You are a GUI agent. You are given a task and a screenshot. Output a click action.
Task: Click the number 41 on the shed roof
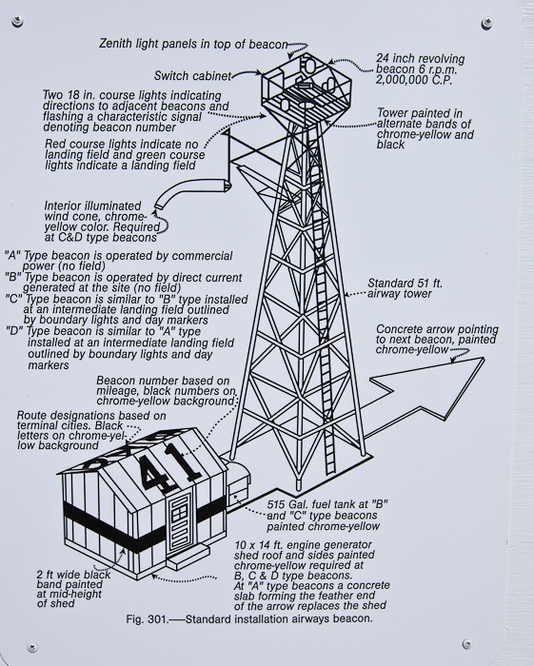[169, 467]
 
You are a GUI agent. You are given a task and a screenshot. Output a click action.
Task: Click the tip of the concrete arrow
[484, 359]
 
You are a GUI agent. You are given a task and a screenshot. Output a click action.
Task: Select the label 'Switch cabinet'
[192, 76]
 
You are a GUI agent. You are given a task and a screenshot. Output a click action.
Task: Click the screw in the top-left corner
[17, 20]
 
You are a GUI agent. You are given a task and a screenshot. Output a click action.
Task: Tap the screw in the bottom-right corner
[466, 643]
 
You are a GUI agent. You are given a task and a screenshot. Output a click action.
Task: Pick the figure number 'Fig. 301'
[147, 618]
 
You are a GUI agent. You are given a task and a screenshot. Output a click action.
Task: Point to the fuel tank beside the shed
[238, 483]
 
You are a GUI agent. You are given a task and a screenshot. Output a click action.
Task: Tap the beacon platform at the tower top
[307, 89]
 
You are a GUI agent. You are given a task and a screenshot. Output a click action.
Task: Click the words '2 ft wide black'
[73, 575]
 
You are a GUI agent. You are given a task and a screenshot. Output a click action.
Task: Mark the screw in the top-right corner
[487, 23]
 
